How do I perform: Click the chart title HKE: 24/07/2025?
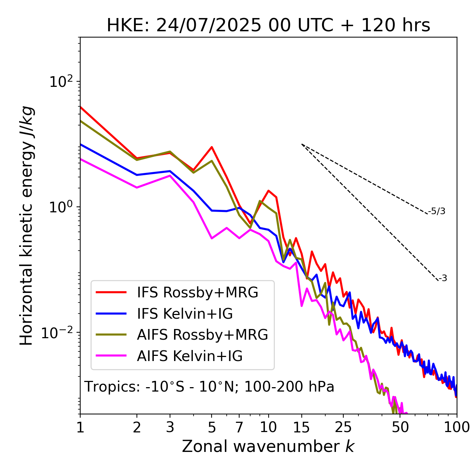tap(268, 26)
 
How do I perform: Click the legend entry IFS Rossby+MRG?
tap(197, 292)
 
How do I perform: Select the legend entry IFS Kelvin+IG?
tap(185, 314)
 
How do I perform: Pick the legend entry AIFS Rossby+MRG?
tap(202, 335)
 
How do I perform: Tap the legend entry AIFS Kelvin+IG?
tap(190, 356)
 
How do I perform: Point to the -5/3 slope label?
tap(437, 211)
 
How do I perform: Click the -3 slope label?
tap(443, 278)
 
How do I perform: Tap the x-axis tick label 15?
tap(301, 427)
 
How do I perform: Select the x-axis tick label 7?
tap(239, 427)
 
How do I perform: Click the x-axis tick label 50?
tap(400, 427)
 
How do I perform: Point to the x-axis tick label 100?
tap(457, 427)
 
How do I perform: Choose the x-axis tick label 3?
tap(170, 427)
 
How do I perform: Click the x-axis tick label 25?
tap(343, 427)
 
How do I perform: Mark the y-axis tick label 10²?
tap(60, 82)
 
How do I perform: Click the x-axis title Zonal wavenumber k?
tap(268, 446)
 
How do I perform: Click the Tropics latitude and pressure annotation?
tap(209, 387)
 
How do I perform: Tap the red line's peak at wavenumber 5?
tap(212, 147)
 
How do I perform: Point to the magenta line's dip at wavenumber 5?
tap(212, 238)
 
